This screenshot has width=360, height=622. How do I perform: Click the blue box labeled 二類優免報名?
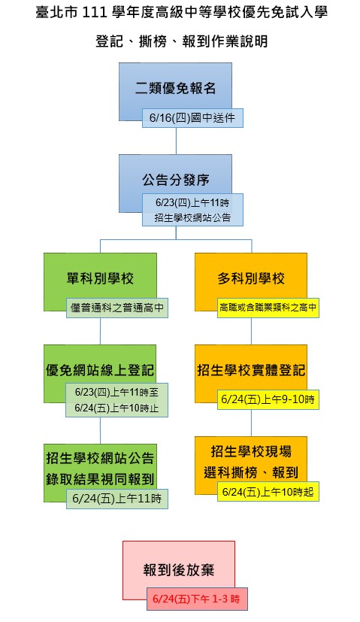pos(175,87)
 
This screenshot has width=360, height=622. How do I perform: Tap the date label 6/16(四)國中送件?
pos(192,118)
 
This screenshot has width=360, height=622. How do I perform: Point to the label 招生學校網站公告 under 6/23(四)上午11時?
pos(192,218)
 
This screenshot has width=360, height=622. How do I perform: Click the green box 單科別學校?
pos(100,278)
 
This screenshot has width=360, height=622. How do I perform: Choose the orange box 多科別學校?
pos(251,278)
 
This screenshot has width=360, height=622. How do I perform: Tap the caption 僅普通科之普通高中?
pos(117,308)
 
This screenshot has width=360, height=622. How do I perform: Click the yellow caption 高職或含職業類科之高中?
pos(268,308)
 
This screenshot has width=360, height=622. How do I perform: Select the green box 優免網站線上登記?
pos(100,369)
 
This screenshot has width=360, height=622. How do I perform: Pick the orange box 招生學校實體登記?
pos(251,369)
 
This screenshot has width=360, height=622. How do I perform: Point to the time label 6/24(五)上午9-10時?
pos(268,399)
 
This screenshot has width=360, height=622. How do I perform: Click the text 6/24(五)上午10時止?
pos(116,408)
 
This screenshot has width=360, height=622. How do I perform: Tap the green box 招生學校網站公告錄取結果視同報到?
pos(100,468)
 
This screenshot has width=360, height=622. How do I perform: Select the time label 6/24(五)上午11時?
pos(117,499)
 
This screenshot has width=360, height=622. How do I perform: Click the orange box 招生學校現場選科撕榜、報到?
pos(251,462)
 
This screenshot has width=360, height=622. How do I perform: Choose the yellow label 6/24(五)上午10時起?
pos(268,492)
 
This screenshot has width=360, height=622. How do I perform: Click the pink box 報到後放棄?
pos(179,569)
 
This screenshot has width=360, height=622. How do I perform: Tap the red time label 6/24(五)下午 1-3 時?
pos(197,599)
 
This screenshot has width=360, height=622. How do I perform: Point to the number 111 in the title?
pos(95,13)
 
